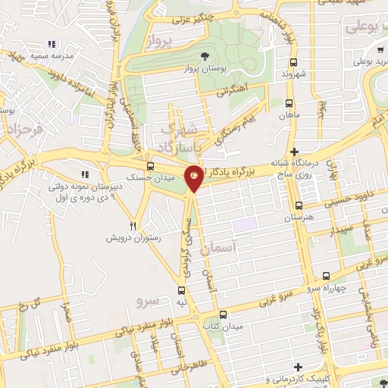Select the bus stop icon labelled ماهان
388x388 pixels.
(x=288, y=103)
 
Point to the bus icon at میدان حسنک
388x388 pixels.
(x=149, y=165)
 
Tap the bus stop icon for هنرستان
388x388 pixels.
(x=299, y=205)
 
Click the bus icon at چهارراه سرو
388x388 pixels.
(x=325, y=277)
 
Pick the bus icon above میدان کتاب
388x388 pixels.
(x=222, y=314)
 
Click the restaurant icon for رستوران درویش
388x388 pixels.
(x=133, y=226)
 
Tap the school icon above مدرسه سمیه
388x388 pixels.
(x=52, y=45)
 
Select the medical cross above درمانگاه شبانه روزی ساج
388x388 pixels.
(x=295, y=152)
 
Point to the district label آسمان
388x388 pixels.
(x=221, y=247)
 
